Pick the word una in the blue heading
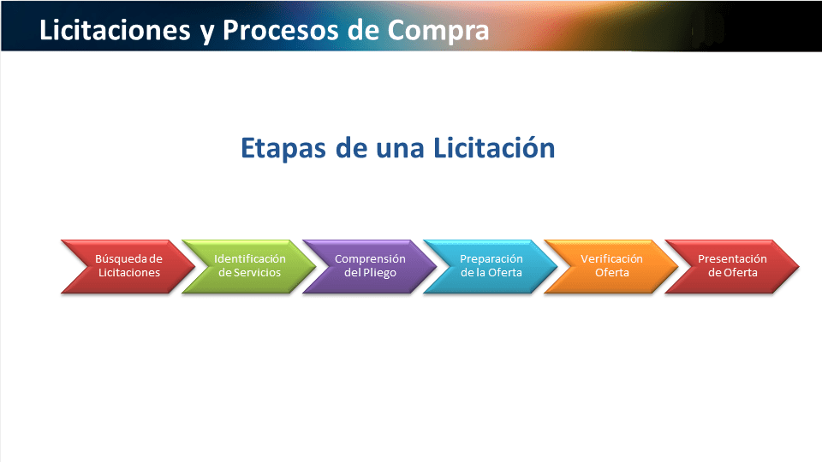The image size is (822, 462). [x=401, y=148]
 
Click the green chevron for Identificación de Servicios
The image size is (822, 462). [x=249, y=266]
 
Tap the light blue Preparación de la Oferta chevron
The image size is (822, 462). [x=491, y=266]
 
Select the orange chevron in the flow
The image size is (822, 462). [x=611, y=266]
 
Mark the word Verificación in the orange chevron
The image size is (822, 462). [x=611, y=259]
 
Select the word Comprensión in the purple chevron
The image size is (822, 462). [x=370, y=259]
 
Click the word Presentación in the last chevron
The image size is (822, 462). [x=732, y=259]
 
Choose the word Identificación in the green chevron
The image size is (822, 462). [x=249, y=259]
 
